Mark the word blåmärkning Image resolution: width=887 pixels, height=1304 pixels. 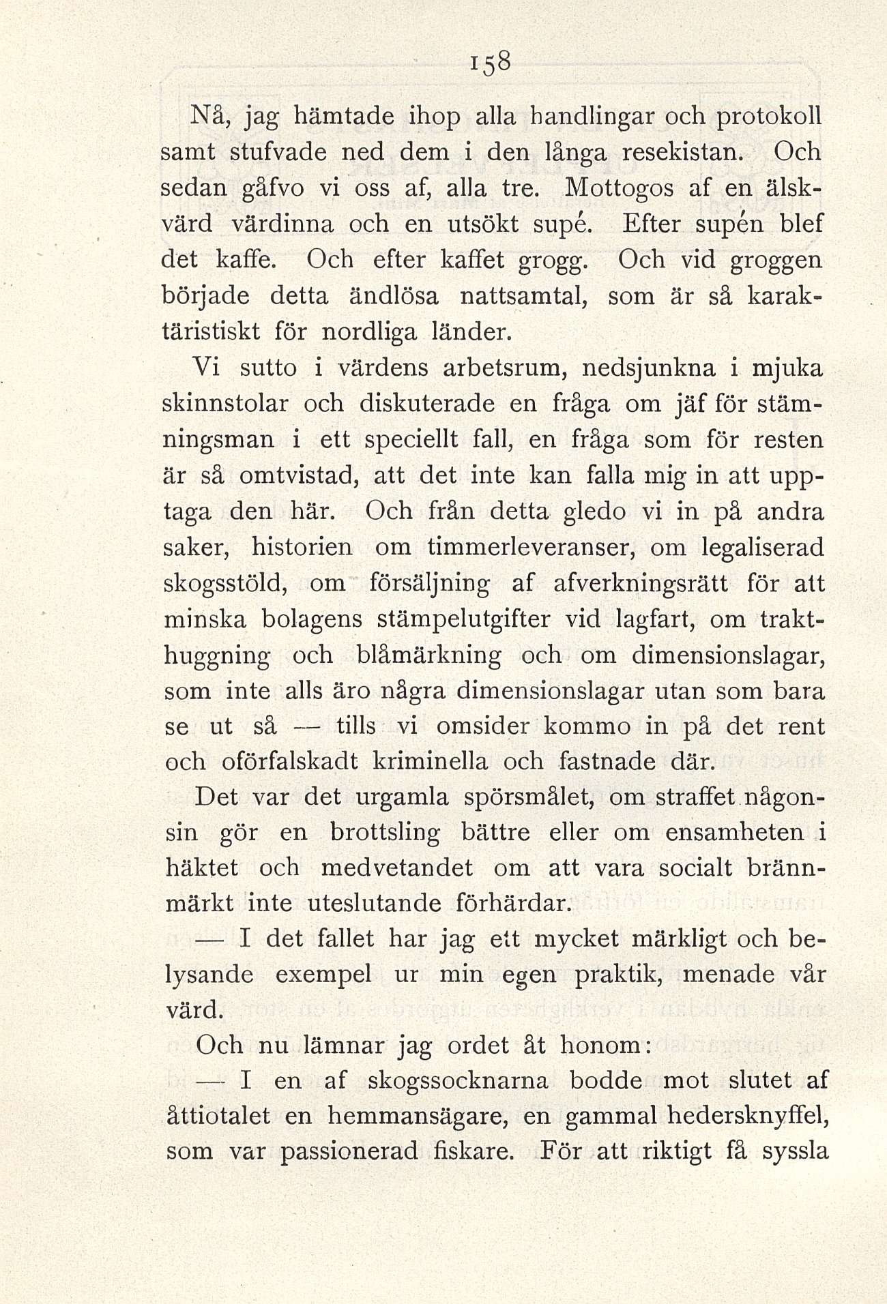pyautogui.click(x=429, y=655)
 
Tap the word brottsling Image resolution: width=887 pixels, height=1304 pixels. pyautogui.click(x=385, y=833)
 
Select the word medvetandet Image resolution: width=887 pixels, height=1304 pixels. pyautogui.click(x=397, y=868)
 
